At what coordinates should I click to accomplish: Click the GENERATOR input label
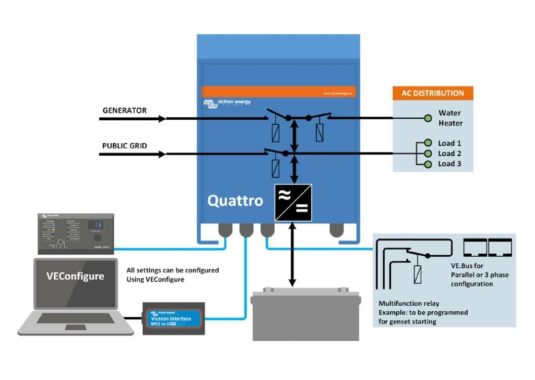pos(125,110)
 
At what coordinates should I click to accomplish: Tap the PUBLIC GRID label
pos(125,146)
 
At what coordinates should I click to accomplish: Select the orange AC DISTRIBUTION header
pos(433,93)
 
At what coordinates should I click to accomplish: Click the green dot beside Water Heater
pos(428,118)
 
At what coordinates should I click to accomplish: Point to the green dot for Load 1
pos(428,143)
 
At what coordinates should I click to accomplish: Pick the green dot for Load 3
pos(428,164)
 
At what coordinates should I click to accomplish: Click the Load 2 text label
pos(449,154)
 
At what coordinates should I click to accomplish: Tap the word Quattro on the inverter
pos(235,201)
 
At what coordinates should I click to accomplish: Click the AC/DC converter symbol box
pos(293,203)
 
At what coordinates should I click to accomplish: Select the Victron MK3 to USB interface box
pos(174,318)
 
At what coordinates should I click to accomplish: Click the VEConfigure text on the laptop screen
pos(75,276)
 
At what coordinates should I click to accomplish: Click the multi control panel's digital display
pos(96,224)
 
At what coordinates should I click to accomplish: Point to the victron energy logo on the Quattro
pos(223,103)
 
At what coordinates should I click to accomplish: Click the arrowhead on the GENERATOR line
pos(162,119)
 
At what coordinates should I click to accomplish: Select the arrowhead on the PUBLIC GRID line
pos(162,154)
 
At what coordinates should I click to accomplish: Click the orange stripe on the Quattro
pos(278,91)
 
